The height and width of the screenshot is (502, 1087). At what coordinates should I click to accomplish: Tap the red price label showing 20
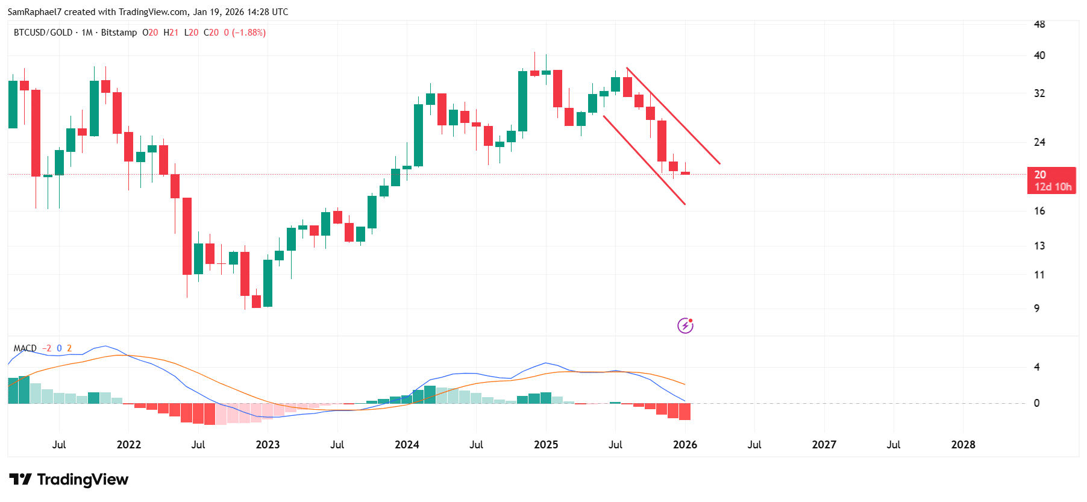1051,180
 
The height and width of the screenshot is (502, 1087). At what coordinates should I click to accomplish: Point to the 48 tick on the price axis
1039,24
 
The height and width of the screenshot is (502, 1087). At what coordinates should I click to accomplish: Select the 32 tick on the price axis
1039,93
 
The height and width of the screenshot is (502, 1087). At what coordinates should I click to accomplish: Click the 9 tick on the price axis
1036,309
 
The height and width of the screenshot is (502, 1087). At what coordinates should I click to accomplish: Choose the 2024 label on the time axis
407,445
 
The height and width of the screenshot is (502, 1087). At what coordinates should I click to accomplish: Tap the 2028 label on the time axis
963,445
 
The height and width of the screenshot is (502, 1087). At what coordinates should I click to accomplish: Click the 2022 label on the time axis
128,445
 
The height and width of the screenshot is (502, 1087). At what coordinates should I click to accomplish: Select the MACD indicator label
25,348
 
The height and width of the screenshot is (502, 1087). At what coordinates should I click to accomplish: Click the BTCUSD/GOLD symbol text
43,33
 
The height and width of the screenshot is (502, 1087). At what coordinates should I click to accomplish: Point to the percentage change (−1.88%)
249,33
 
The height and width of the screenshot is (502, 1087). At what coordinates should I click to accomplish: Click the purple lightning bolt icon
685,326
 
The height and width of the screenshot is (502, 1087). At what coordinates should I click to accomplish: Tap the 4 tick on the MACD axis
1036,367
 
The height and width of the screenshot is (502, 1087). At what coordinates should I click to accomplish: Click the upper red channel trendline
673,115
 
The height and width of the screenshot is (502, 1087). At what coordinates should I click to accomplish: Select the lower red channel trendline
644,160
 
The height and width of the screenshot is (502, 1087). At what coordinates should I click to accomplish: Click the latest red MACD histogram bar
684,412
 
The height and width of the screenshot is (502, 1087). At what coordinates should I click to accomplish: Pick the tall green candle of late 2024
522,101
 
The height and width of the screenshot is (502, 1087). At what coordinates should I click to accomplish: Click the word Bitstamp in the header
119,33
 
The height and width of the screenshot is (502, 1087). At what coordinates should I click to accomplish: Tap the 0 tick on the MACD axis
1036,403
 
